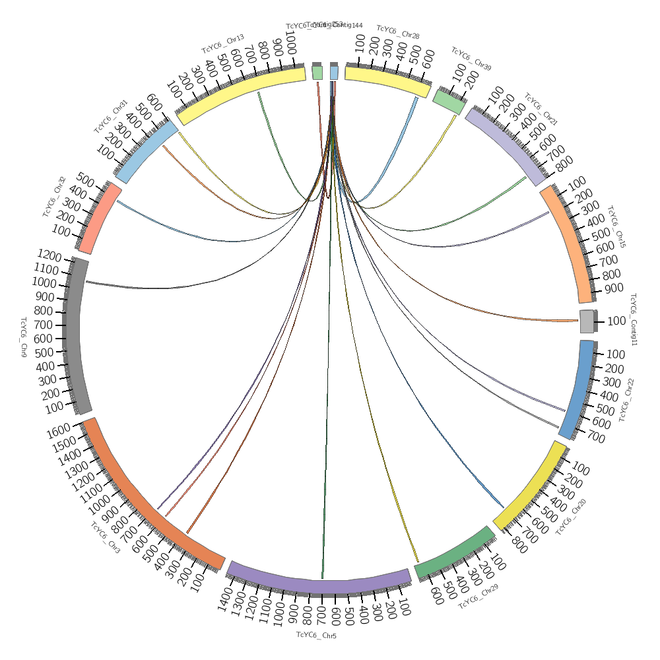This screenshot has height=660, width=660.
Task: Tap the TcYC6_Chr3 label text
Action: (x=106, y=538)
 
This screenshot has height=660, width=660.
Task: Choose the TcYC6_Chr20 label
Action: (x=572, y=517)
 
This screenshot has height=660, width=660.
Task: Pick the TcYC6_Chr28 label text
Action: (x=398, y=32)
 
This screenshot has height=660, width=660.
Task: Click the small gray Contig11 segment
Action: (x=587, y=321)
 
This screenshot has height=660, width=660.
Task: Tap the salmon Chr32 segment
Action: (x=100, y=218)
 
